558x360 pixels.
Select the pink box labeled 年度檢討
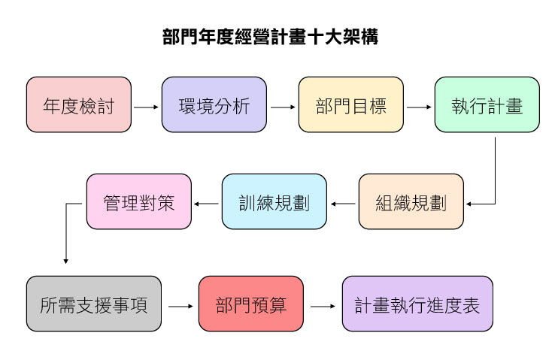79,105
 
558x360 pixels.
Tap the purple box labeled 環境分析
214,105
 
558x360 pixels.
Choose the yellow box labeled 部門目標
351,105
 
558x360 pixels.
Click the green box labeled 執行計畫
487,105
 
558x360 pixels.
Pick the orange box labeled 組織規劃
411,202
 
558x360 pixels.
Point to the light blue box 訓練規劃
274,202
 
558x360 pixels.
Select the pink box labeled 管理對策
139,202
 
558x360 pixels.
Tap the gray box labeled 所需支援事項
94,304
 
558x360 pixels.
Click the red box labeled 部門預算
251,304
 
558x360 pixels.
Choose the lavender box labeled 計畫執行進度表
417,304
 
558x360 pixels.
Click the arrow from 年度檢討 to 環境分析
147,106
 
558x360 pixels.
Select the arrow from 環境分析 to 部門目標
283,106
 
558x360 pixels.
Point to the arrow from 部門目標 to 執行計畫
419,106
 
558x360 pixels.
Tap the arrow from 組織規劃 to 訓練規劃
343,203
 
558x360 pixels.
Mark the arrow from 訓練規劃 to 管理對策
207,203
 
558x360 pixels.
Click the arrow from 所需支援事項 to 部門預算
180,306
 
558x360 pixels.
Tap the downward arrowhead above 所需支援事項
66,260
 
